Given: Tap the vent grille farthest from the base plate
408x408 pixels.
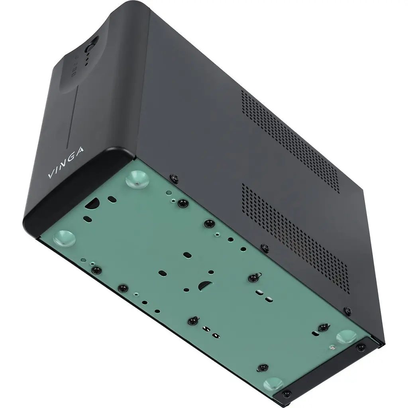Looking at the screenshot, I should tap(290, 139).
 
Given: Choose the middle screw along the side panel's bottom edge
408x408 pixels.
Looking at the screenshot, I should tap(265, 248).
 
